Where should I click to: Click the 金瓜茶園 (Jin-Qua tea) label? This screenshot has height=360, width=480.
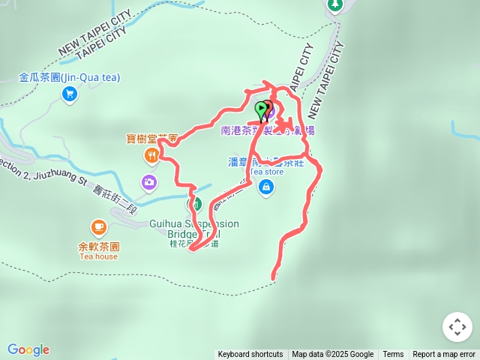[x=70, y=77]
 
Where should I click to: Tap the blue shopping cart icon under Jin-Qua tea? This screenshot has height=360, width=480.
[x=70, y=93]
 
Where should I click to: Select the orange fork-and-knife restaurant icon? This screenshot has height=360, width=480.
[x=151, y=155]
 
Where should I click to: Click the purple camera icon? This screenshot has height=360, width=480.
[x=148, y=181]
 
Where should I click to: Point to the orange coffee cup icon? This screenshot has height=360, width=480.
[x=98, y=226]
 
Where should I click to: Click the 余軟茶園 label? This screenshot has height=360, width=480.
[x=98, y=246]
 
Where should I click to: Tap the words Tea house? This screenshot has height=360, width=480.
[x=98, y=256]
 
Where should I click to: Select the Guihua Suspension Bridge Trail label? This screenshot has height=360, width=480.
[x=193, y=229]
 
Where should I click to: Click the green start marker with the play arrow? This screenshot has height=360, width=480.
[x=261, y=110]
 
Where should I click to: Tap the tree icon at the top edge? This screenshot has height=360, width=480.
[x=334, y=4]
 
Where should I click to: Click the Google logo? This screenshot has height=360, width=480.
[x=28, y=349]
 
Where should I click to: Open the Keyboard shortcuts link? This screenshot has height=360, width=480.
[x=250, y=355]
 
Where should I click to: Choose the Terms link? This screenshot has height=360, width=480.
[x=393, y=355]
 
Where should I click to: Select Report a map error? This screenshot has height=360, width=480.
[x=444, y=355]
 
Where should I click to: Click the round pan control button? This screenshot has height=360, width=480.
[x=457, y=327]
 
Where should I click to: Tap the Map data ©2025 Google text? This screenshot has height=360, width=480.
[x=332, y=355]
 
